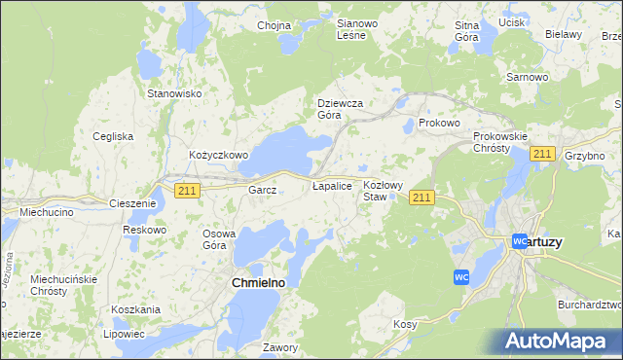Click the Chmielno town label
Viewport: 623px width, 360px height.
[257, 282]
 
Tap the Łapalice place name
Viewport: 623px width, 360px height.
[331, 185]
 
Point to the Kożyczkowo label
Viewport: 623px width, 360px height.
[219, 155]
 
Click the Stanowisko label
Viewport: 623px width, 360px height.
[173, 93]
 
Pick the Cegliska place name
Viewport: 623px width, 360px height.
[113, 136]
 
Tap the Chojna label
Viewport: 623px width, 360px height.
[275, 26]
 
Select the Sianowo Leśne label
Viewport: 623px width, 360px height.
[350, 28]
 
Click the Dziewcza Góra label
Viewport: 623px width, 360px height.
[341, 108]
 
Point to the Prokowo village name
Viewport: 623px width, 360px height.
[438, 124]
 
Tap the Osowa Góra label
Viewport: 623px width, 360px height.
[219, 239]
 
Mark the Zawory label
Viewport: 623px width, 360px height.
[279, 347]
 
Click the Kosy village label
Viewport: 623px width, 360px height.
[405, 323]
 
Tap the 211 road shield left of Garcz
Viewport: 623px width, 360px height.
[188, 192]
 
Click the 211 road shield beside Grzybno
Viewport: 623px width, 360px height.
[543, 155]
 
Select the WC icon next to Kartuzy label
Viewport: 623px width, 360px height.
[520, 240]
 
